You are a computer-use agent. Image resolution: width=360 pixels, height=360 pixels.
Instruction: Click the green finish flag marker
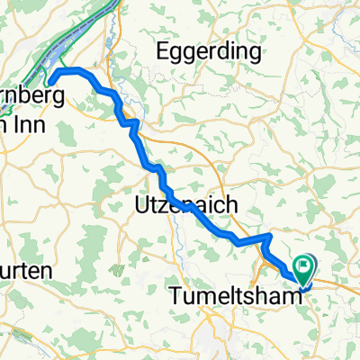[302, 268]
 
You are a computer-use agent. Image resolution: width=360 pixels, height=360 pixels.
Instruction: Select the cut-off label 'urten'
[24, 271]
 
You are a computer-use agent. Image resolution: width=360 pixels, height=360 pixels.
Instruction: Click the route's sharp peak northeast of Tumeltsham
[269, 236]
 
